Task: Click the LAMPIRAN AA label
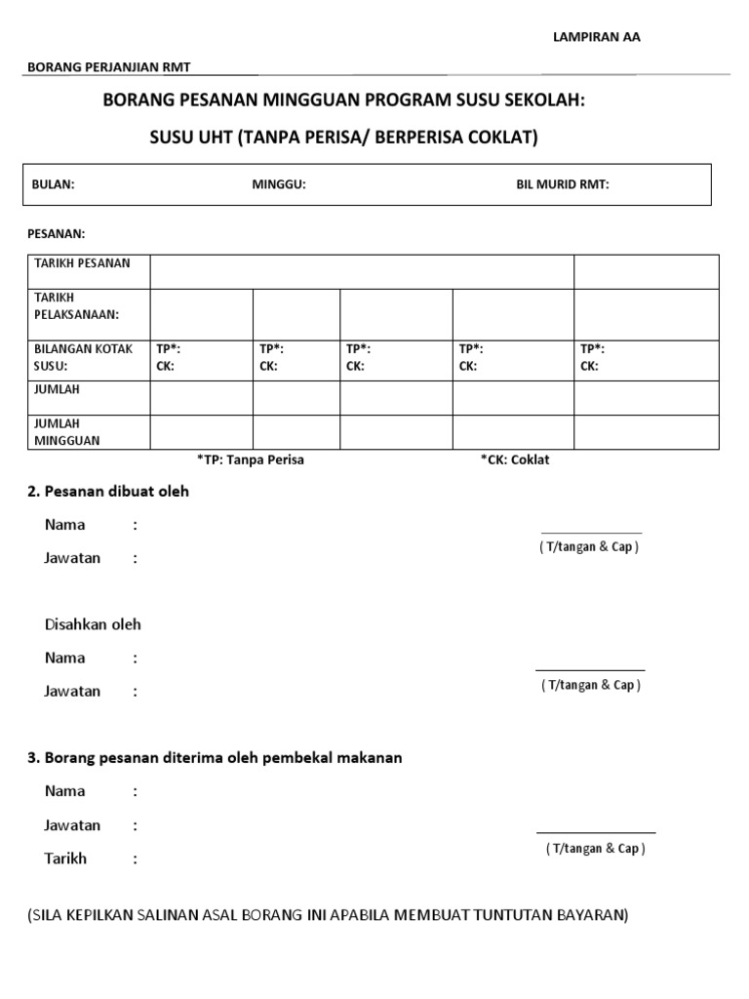(598, 36)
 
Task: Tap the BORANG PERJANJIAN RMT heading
(108, 66)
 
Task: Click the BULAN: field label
(54, 184)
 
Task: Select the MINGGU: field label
(279, 184)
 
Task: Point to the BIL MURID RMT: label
(563, 184)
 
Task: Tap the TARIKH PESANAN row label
(82, 263)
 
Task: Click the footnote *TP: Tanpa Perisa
(251, 460)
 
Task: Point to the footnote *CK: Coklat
(514, 460)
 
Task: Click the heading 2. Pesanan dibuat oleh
(108, 492)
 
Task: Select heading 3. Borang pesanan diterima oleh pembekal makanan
(214, 758)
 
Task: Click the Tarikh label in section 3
(65, 859)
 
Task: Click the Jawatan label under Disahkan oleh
(72, 691)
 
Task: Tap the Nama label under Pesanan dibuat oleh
(64, 525)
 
